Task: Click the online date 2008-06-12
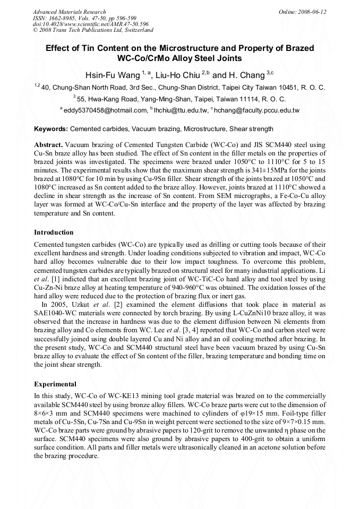pyautogui.click(x=310, y=12)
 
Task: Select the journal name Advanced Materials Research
pyautogui.click(x=69, y=12)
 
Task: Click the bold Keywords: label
pyautogui.click(x=51, y=128)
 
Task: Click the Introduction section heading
pyautogui.click(x=54, y=232)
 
